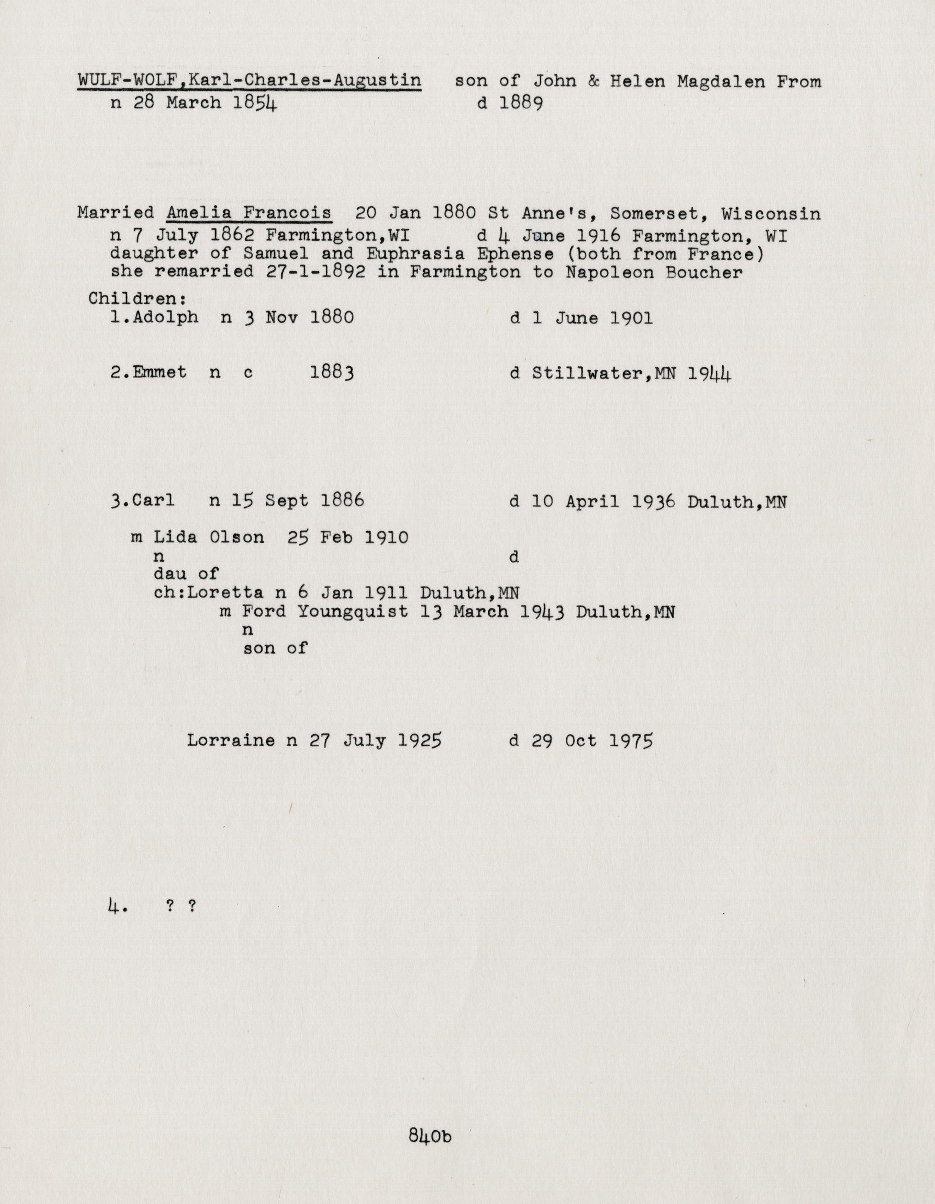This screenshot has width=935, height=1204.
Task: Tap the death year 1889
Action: tap(521, 103)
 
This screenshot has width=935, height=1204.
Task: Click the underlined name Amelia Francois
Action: tap(249, 213)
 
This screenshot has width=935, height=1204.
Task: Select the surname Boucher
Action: tap(703, 273)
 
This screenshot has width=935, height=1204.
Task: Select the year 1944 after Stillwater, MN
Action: tap(709, 374)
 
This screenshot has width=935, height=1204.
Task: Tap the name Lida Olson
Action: tap(209, 537)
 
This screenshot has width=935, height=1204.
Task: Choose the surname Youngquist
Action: tap(353, 611)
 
